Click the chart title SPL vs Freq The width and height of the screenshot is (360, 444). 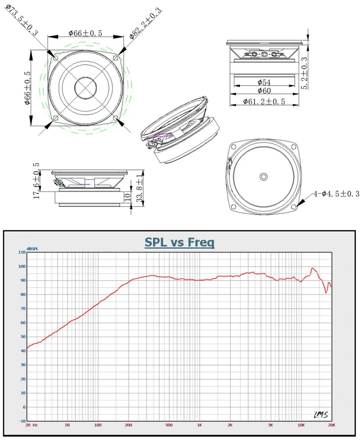point(180,242)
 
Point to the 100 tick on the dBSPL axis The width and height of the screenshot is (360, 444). point(22,266)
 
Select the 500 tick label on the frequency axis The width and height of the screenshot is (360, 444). point(169,425)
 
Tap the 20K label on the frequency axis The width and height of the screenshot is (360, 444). point(332,425)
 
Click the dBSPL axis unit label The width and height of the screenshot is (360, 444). point(32,249)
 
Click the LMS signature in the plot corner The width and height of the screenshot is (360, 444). point(321,415)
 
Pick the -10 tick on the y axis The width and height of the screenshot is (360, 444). point(22,421)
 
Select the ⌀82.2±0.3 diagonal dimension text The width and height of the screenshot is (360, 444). point(145,23)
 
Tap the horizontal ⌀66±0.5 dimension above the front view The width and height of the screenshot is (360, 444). point(85,33)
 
